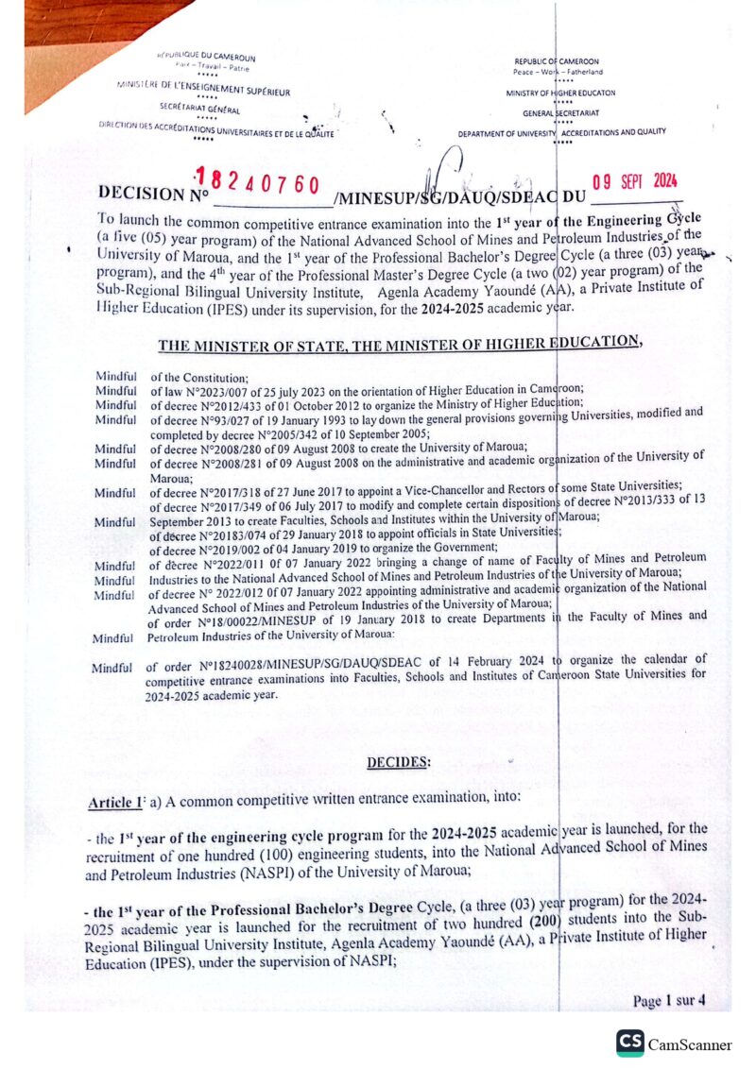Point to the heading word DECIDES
click(398, 761)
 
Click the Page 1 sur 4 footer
click(670, 1001)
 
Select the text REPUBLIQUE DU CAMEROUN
click(206, 58)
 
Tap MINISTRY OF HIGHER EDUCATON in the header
click(560, 93)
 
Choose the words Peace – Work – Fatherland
click(558, 72)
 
